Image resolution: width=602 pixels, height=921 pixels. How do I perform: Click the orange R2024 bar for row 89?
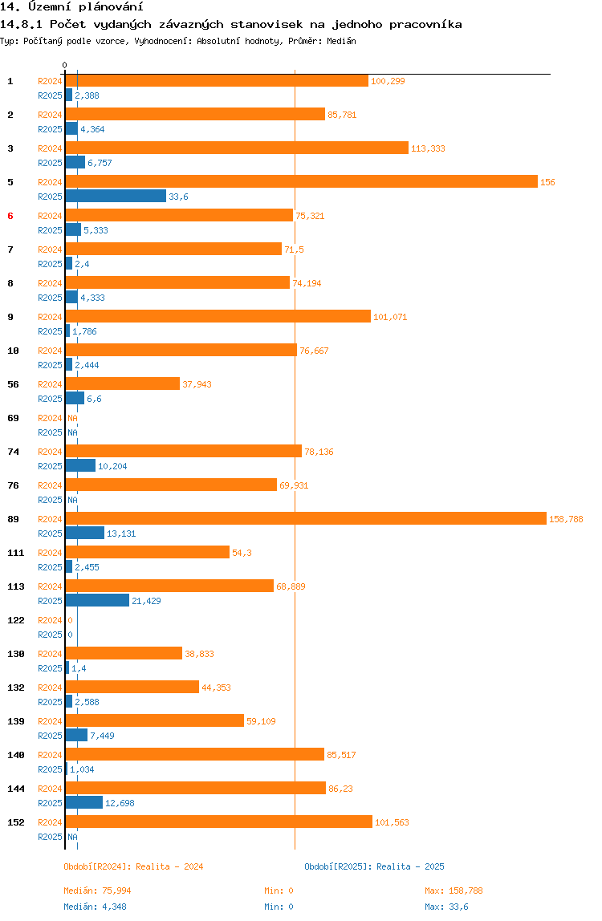pyautogui.click(x=305, y=518)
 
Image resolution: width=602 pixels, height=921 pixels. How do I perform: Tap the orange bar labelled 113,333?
pyautogui.click(x=237, y=148)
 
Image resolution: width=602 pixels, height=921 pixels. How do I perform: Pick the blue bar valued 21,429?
pyautogui.click(x=97, y=600)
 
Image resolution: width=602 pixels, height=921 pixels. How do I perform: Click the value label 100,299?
pyautogui.click(x=388, y=81)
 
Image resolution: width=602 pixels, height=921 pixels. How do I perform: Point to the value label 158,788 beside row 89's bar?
pyautogui.click(x=566, y=519)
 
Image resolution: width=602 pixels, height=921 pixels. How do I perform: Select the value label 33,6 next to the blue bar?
pyautogui.click(x=178, y=197)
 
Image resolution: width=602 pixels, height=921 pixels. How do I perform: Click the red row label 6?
pyautogui.click(x=10, y=216)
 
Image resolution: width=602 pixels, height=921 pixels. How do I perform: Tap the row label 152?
pyautogui.click(x=14, y=822)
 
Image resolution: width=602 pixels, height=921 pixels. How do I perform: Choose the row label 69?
pyautogui.click(x=13, y=418)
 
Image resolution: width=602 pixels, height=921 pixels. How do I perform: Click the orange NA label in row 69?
pyautogui.click(x=72, y=418)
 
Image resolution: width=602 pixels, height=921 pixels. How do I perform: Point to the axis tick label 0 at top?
pyautogui.click(x=65, y=65)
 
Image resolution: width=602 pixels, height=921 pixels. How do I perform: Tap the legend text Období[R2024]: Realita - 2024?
pyautogui.click(x=133, y=866)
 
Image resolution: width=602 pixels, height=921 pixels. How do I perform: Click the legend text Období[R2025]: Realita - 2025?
pyautogui.click(x=374, y=866)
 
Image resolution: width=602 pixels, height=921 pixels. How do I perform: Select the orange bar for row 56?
pyautogui.click(x=122, y=383)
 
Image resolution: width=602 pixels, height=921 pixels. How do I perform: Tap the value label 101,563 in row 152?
pyautogui.click(x=392, y=822)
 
